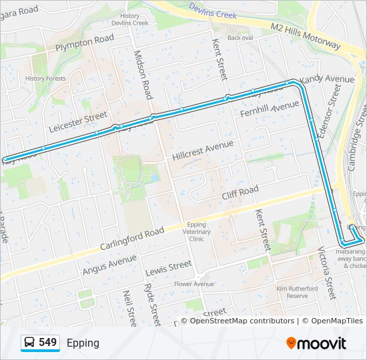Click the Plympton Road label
tap(85, 43)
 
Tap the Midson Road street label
tap(143, 74)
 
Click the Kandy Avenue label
tap(327, 80)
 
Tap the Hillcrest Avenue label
tap(203, 150)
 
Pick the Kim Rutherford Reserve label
tap(297, 292)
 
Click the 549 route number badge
tap(40, 343)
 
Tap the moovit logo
tap(316, 343)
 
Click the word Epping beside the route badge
tap(83, 343)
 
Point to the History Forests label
tap(45, 79)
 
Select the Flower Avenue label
tap(194, 284)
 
